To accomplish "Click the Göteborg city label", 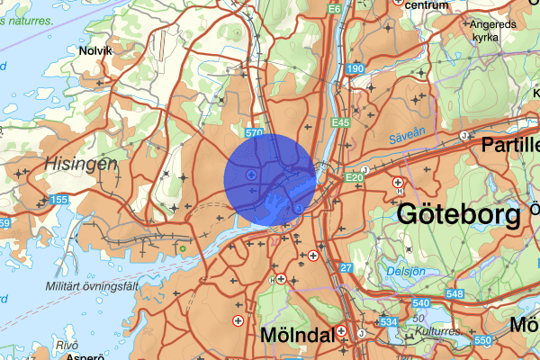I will click(x=458, y=215).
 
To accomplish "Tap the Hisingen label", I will click(x=79, y=164).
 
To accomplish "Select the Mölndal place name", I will click(x=297, y=335).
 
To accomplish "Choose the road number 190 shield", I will click(x=355, y=69).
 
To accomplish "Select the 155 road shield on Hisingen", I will click(x=60, y=198).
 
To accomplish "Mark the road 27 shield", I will click(x=346, y=268).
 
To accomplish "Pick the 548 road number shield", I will click(x=454, y=293).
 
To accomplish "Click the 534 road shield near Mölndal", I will click(x=389, y=321).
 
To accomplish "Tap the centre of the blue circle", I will click(x=269, y=179).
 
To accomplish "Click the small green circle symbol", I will click(x=183, y=248).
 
